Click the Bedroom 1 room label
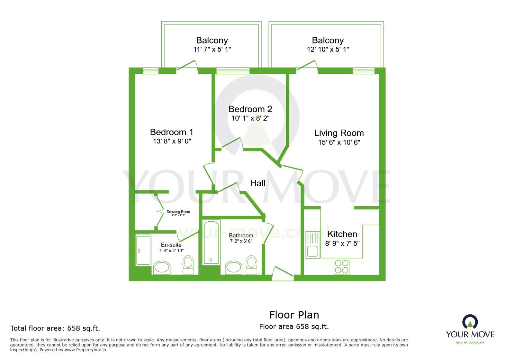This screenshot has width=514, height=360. click(x=172, y=132)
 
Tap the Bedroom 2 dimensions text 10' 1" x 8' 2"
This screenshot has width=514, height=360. click(x=250, y=118)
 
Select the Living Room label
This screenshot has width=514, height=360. click(x=339, y=133)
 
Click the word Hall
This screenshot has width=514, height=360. click(x=257, y=183)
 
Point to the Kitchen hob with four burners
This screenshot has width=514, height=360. click(x=341, y=266)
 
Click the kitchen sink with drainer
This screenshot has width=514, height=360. click(x=312, y=245)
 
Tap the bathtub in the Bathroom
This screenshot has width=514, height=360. click(x=211, y=242)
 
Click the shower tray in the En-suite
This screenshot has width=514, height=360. click(x=143, y=250)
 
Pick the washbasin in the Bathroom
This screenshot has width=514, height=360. click(x=233, y=267)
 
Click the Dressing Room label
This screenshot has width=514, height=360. click(x=178, y=212)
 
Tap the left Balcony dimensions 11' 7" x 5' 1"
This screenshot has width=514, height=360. click(x=212, y=49)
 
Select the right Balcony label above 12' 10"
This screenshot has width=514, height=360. click(x=328, y=40)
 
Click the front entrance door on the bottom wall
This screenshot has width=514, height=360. click(x=283, y=274)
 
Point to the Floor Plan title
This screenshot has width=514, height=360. click(x=294, y=315)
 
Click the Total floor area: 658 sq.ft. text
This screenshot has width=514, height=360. click(x=55, y=328)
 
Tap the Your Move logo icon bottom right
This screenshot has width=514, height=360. click(x=470, y=322)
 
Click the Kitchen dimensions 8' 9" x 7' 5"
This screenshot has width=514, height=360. click(x=342, y=243)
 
